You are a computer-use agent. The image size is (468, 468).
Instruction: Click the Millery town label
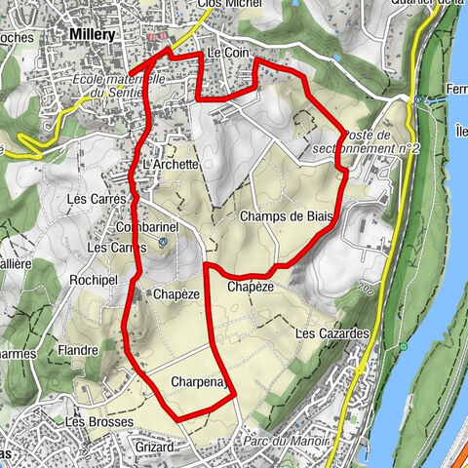click(x=93, y=34)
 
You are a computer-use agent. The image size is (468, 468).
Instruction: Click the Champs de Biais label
click(x=286, y=216)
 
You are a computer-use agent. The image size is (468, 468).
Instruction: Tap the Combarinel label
click(x=144, y=226)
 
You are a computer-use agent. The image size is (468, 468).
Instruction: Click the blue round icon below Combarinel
click(x=163, y=242)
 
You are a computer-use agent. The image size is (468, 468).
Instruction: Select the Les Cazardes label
click(x=331, y=334)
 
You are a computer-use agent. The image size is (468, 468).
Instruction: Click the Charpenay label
click(x=199, y=381)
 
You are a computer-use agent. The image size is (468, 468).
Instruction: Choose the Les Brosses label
click(x=87, y=422)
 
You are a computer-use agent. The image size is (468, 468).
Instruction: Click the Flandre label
click(x=77, y=351)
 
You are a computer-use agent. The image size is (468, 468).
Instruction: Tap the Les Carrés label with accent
click(x=97, y=199)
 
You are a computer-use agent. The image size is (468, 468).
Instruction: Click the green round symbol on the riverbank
click(x=402, y=346)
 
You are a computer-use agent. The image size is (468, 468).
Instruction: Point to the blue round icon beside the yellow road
click(x=416, y=99)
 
